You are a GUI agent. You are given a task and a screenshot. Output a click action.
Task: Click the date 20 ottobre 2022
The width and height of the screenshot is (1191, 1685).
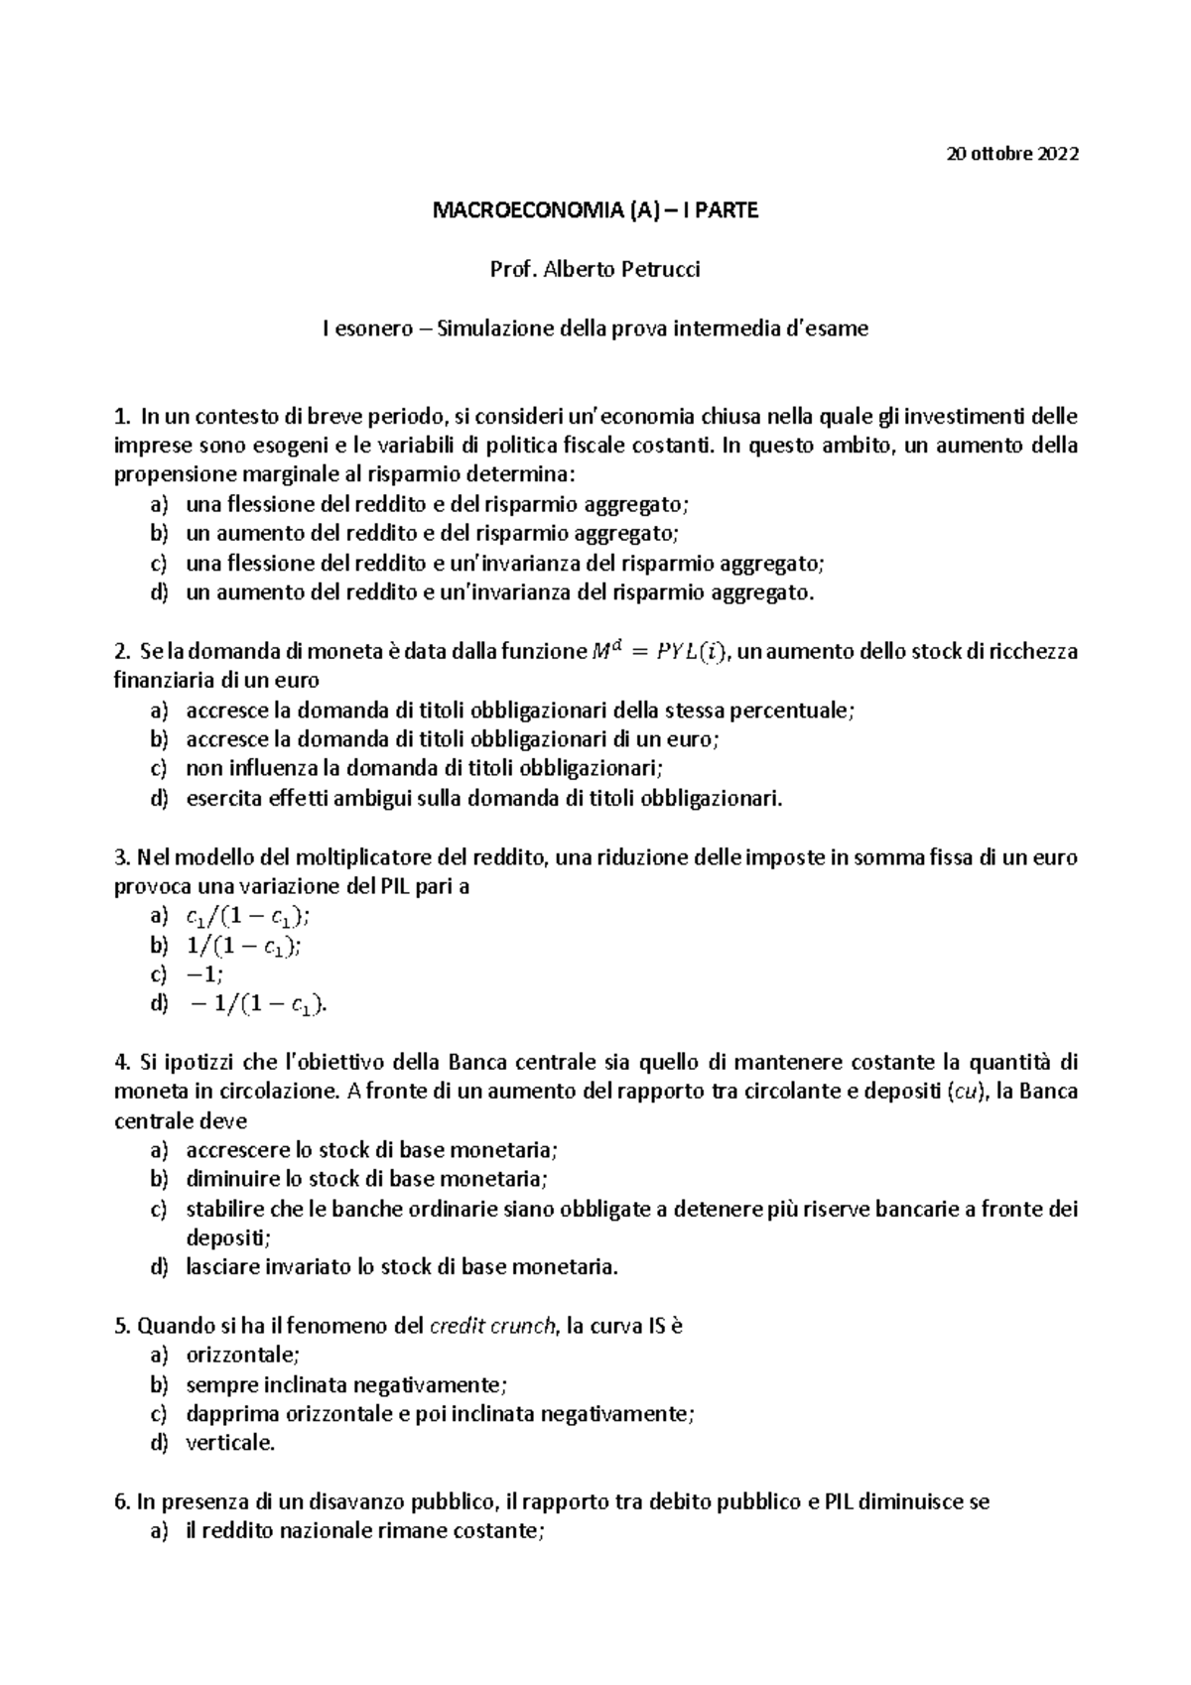pyautogui.click(x=1011, y=154)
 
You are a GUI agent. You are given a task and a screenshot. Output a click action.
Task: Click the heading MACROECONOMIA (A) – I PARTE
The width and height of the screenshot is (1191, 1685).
pyautogui.click(x=595, y=210)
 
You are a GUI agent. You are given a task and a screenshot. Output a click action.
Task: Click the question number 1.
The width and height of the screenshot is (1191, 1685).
pyautogui.click(x=121, y=416)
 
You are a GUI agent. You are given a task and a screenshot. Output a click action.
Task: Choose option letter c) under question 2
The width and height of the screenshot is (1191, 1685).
pyautogui.click(x=158, y=768)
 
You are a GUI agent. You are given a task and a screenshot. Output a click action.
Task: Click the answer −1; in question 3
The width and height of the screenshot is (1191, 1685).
pyautogui.click(x=205, y=974)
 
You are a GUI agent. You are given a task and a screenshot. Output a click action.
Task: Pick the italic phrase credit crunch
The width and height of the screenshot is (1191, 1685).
pyautogui.click(x=492, y=1326)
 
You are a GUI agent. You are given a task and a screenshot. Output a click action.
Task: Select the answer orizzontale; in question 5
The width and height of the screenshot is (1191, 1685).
pyautogui.click(x=242, y=1355)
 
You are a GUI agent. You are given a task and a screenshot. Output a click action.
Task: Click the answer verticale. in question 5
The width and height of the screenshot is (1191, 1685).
pyautogui.click(x=230, y=1443)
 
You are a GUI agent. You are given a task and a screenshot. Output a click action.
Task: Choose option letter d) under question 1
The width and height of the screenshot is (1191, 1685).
pyautogui.click(x=158, y=592)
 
